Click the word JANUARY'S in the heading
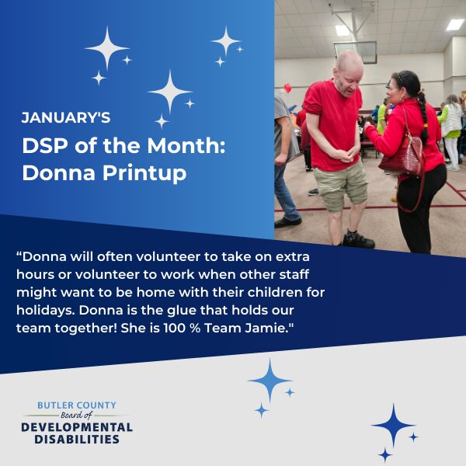66,118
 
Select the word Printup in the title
144,173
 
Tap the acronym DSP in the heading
46,146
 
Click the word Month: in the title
186,146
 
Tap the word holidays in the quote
46,311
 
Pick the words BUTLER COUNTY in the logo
77,405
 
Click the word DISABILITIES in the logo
77,440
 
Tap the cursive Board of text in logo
77,415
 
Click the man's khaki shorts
341,185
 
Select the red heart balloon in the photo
287,88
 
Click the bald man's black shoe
358,240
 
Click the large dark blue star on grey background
393,425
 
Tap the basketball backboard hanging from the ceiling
355,52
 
